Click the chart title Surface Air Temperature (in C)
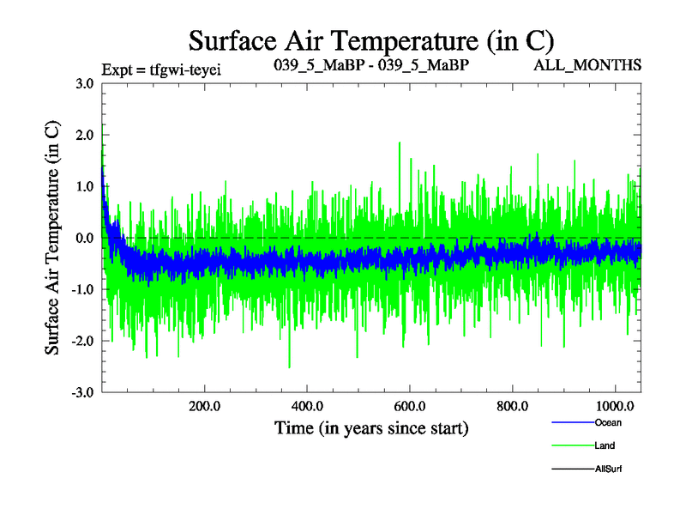[x=371, y=40]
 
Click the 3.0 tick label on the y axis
[x=84, y=83]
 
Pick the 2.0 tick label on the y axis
[x=84, y=135]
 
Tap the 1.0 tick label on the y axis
[x=84, y=186]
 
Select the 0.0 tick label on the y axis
[x=84, y=238]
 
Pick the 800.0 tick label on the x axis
[x=513, y=406]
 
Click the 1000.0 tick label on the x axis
[x=614, y=406]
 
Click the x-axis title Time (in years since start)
[x=371, y=427]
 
